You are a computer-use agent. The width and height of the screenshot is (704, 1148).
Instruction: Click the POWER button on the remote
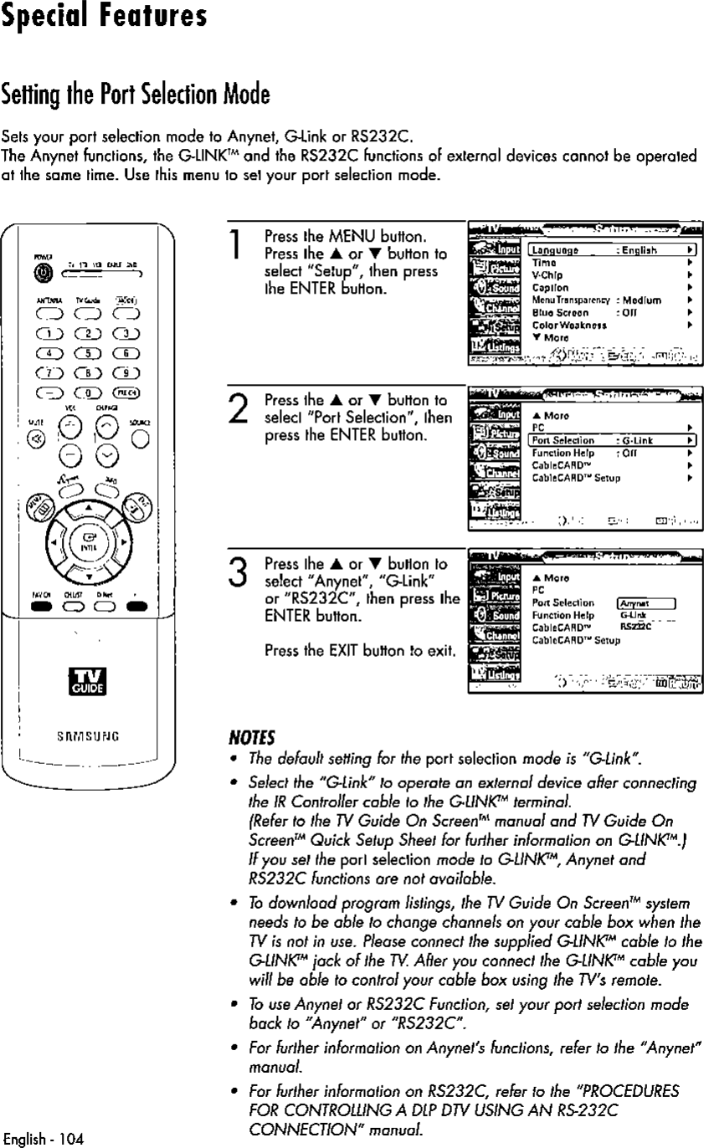coord(42,272)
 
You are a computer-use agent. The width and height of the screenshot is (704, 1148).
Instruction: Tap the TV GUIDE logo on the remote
coord(87,684)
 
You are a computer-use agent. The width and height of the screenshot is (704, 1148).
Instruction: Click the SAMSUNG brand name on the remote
coord(88,737)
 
